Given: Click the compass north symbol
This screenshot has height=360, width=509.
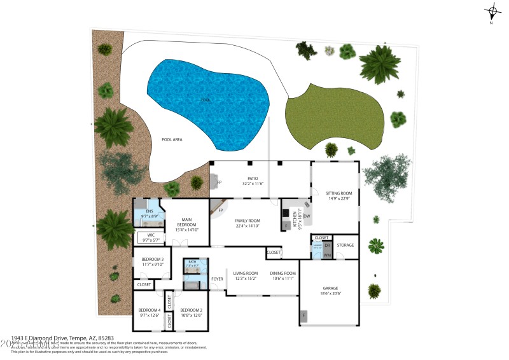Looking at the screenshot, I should pyautogui.click(x=491, y=11).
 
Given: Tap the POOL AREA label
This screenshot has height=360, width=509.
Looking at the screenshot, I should pyautogui.click(x=172, y=139).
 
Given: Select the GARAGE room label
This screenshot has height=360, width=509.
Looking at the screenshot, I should pyautogui.click(x=330, y=287).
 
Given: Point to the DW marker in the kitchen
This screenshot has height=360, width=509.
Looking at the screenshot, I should pyautogui.click(x=306, y=216).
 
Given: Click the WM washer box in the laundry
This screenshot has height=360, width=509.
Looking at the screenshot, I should pyautogui.click(x=328, y=254).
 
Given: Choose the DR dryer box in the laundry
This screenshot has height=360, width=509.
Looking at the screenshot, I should pyautogui.click(x=328, y=245).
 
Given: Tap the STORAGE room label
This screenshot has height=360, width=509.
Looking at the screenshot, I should pyautogui.click(x=345, y=245).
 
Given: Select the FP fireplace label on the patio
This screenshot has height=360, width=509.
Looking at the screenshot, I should pyautogui.click(x=219, y=183).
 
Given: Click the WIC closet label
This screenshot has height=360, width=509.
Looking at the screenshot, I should pyautogui.click(x=151, y=235).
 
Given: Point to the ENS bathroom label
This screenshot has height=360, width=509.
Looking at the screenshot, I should pyautogui.click(x=150, y=211).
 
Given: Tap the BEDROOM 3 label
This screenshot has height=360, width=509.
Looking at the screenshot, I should pyautogui.click(x=152, y=259).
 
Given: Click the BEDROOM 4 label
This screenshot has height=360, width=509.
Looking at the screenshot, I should pyautogui.click(x=151, y=310).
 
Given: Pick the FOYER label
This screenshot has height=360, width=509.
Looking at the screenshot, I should pyautogui.click(x=218, y=279).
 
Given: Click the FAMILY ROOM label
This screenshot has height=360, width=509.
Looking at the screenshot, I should pyautogui.click(x=248, y=220).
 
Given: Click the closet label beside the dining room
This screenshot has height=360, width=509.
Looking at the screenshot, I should pyautogui.click(x=274, y=253).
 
